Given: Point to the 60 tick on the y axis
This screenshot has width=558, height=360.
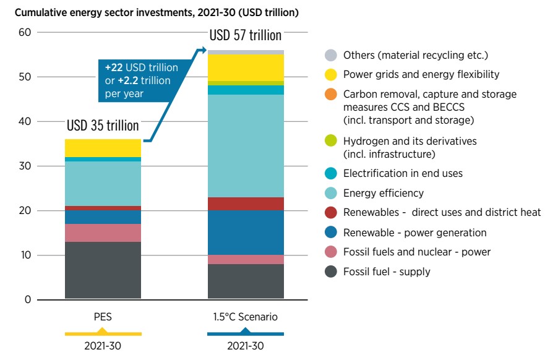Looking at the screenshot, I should (25, 32).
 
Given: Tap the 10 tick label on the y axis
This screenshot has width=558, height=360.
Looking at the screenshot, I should (25, 255).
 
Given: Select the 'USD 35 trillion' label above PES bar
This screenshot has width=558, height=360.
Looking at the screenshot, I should (103, 126).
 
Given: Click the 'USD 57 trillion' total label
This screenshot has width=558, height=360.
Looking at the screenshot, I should (245, 35).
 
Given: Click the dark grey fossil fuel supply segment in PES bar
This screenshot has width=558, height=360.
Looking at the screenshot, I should (103, 270).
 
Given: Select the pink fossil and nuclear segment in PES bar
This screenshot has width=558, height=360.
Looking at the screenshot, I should (103, 233).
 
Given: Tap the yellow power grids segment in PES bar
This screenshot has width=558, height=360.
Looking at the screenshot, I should (103, 148).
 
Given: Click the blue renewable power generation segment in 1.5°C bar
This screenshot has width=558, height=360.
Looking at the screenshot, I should (246, 233).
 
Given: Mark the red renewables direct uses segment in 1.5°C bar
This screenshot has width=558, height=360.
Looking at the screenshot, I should (246, 204).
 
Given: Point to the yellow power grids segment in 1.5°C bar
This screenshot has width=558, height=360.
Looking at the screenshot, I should (246, 67).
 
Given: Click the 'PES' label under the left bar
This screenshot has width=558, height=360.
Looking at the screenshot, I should (103, 317).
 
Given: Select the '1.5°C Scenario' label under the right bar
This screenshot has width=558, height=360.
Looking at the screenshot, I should (246, 317).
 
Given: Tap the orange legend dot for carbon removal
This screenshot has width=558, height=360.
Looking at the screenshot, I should (331, 95).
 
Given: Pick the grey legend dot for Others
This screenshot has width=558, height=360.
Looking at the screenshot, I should (331, 55).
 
